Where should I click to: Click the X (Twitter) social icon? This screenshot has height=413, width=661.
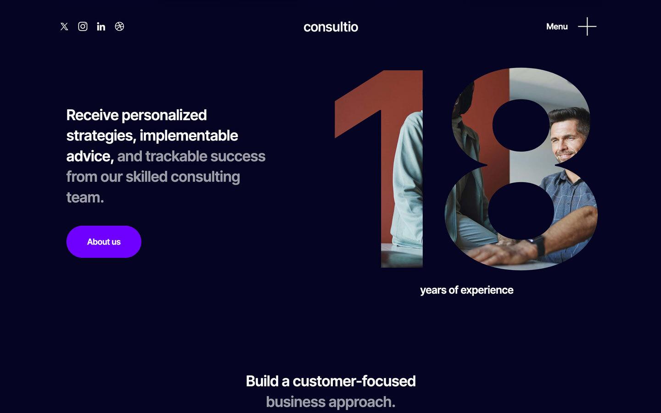tap(64, 27)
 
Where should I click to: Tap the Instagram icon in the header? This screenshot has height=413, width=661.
tap(83, 27)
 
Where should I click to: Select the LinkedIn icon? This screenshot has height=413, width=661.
tap(101, 27)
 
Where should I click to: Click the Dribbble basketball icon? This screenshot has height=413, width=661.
tap(119, 27)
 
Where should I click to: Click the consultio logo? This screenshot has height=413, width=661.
tap(330, 27)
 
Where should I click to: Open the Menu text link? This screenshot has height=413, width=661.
tap(557, 27)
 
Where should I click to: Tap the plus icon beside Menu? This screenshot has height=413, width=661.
tap(587, 27)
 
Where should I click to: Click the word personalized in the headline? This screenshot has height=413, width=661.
tap(164, 115)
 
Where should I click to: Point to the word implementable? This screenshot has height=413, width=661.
tap(189, 136)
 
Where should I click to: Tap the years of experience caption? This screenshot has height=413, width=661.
tap(466, 290)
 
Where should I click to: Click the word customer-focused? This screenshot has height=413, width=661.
tap(354, 381)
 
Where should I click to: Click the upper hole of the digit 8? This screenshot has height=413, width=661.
tap(521, 125)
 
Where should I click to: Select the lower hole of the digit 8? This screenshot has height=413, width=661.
tap(521, 211)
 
